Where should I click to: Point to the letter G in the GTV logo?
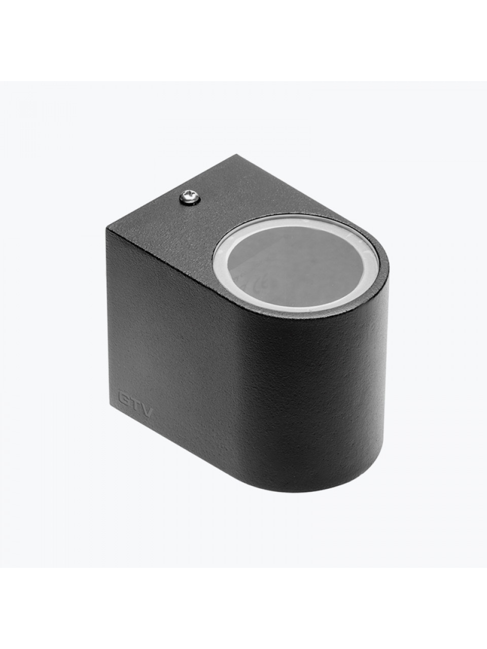(x=124, y=399)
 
